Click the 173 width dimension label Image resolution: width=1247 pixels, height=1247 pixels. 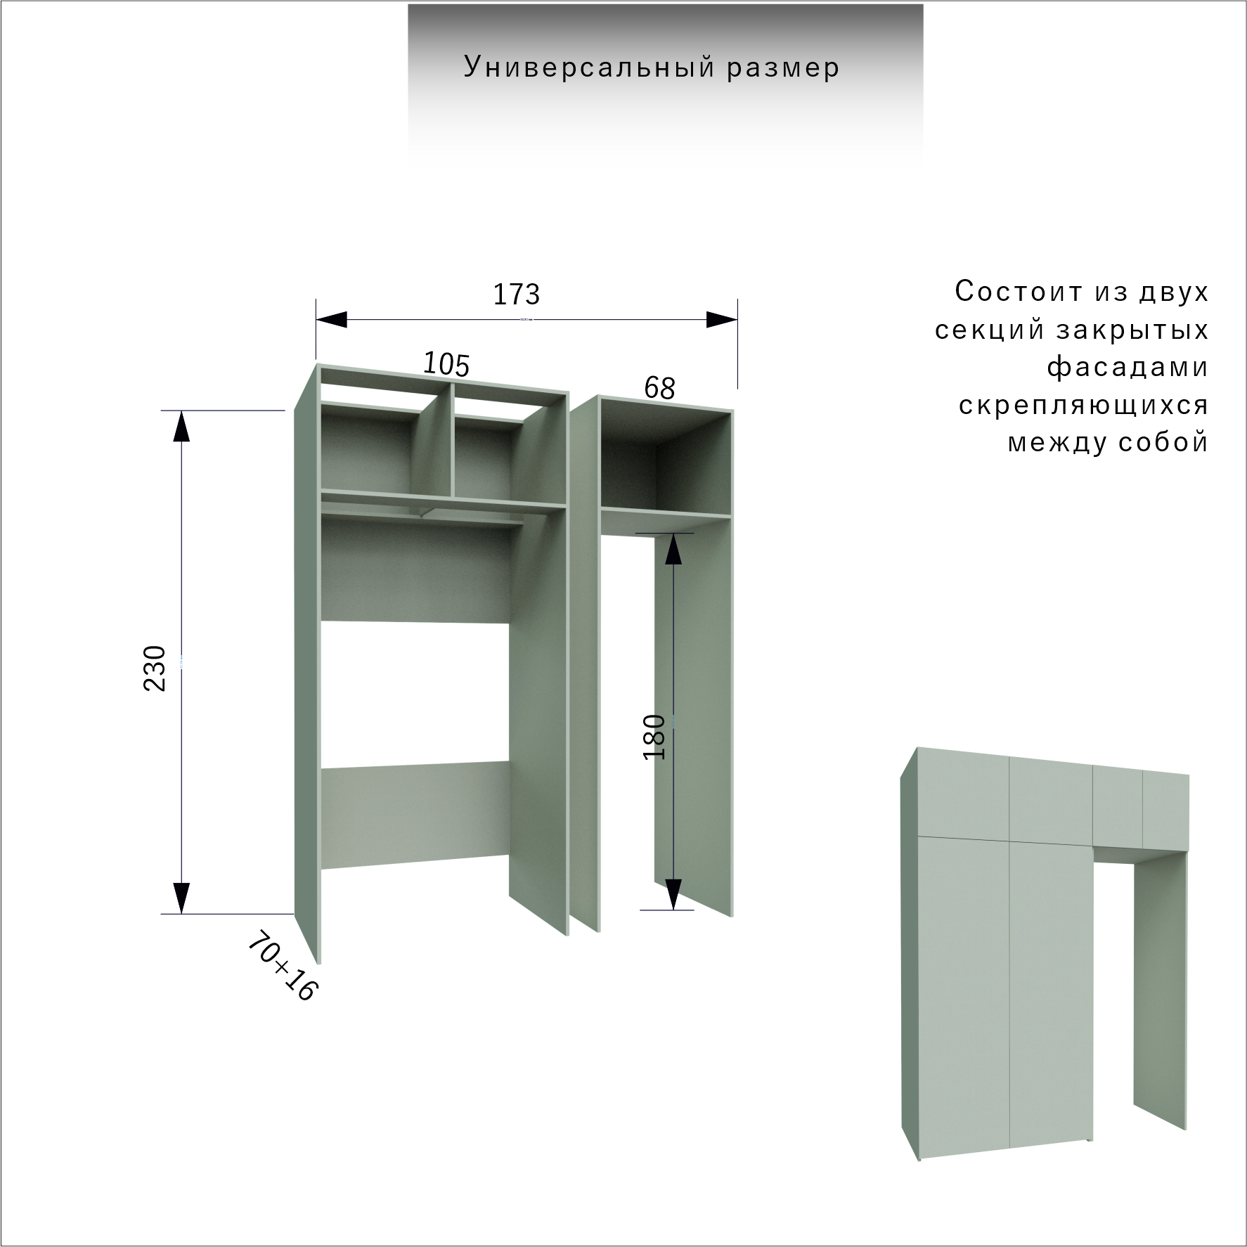pyautogui.click(x=517, y=295)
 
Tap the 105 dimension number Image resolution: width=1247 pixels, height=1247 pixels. pyautogui.click(x=446, y=364)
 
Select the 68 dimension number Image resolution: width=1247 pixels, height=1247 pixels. pyautogui.click(x=659, y=388)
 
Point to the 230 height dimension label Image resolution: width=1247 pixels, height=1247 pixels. pyautogui.click(x=155, y=668)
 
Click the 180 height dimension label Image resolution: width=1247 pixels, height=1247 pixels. pyautogui.click(x=654, y=737)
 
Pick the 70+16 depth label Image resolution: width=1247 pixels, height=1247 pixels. pyautogui.click(x=283, y=966)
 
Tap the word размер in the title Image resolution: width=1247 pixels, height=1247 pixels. pyautogui.click(x=783, y=69)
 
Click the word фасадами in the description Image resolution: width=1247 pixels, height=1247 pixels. pyautogui.click(x=1128, y=368)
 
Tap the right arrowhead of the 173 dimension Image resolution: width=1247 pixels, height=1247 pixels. pyautogui.click(x=722, y=320)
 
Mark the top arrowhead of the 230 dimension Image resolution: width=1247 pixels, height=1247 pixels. pyautogui.click(x=181, y=426)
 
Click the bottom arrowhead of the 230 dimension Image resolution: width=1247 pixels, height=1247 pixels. pyautogui.click(x=181, y=898)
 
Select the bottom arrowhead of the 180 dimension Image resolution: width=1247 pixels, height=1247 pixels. pyautogui.click(x=673, y=894)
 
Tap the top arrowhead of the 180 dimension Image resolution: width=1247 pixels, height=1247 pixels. pyautogui.click(x=673, y=549)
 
